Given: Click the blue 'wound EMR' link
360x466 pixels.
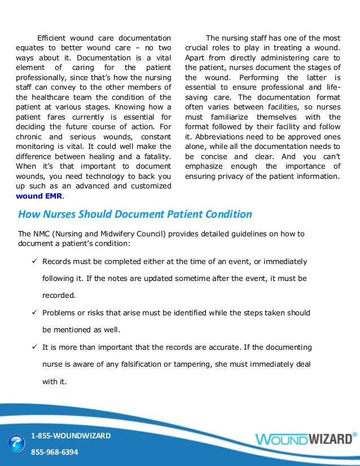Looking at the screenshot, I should [x=40, y=196].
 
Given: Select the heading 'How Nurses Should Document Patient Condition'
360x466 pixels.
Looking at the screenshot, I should [x=135, y=214].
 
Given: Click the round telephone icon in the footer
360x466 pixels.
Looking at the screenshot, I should [x=16, y=443].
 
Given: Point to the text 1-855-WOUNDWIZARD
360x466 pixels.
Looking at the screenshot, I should [x=71, y=436].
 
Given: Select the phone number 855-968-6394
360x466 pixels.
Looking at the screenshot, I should [x=54, y=452].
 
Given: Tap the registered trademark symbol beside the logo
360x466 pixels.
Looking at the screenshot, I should [x=354, y=434].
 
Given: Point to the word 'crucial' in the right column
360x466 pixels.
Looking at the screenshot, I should [x=197, y=47].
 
